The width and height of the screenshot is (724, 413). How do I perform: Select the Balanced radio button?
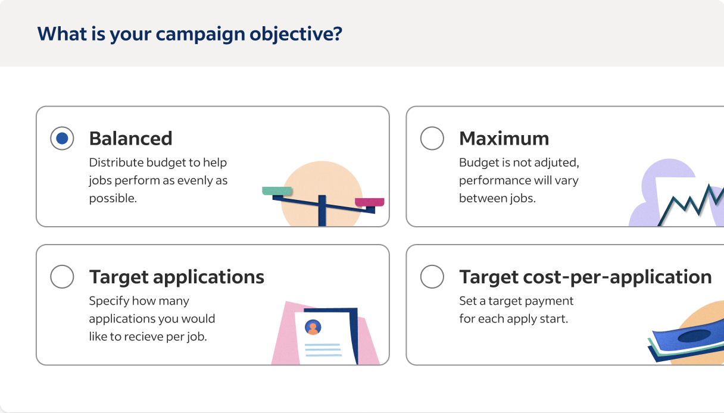pyautogui.click(x=62, y=139)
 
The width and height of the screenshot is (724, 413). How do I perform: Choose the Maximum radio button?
pyautogui.click(x=432, y=139)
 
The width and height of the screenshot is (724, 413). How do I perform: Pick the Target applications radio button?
pyautogui.click(x=62, y=277)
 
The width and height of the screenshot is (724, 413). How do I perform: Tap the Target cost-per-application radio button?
pyautogui.click(x=432, y=277)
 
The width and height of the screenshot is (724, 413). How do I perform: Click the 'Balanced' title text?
pyautogui.click(x=130, y=139)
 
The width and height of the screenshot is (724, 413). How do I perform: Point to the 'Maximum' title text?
pyautogui.click(x=504, y=139)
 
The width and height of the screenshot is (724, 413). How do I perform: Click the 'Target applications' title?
pyautogui.click(x=176, y=277)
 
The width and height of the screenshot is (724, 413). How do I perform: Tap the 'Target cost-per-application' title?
pyautogui.click(x=585, y=277)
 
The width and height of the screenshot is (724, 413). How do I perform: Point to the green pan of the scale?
pyautogui.click(x=277, y=191)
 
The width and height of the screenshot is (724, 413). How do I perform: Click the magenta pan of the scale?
pyautogui.click(x=369, y=202)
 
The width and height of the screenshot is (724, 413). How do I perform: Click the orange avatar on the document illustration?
pyautogui.click(x=313, y=327)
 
